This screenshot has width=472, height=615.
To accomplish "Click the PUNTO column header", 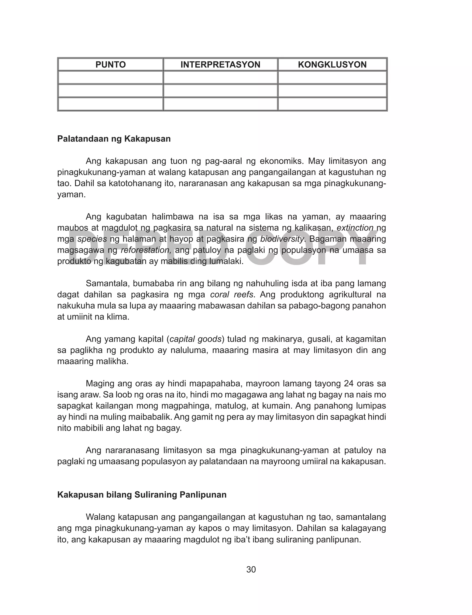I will (110, 65).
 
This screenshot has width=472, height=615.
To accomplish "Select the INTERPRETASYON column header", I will (220, 65).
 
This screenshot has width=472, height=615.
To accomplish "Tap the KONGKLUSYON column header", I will (332, 65).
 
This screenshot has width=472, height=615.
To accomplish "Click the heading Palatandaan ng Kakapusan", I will (114, 139).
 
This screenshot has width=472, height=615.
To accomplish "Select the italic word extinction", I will (355, 228).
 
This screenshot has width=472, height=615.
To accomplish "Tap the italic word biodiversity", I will (282, 239).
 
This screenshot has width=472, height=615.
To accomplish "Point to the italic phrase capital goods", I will (195, 339).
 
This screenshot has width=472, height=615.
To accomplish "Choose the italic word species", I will (92, 239).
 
